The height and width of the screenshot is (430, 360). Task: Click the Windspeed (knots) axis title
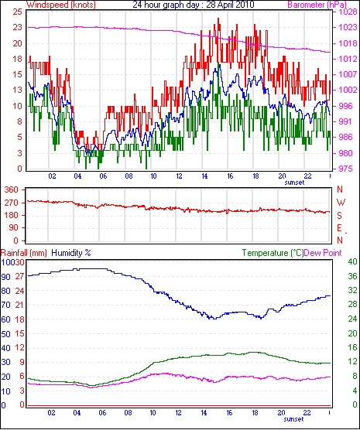[61, 5]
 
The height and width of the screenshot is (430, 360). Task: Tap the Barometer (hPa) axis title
[317, 5]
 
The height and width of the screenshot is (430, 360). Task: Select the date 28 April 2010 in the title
[230, 5]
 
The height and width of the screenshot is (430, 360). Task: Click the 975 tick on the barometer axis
[345, 169]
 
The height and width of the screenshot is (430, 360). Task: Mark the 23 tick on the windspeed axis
[17, 27]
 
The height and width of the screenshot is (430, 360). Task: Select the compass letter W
[341, 203]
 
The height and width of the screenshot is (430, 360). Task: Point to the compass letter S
[340, 216]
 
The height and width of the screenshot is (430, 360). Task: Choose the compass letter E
[340, 228]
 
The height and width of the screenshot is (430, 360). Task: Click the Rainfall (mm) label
[24, 253]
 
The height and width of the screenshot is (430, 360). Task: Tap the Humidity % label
[71, 253]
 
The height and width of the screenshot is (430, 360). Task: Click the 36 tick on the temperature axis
[352, 276]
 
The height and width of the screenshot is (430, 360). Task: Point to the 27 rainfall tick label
[19, 276]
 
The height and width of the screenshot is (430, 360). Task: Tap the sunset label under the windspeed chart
[294, 183]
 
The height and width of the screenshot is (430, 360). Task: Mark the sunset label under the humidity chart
[294, 419]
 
